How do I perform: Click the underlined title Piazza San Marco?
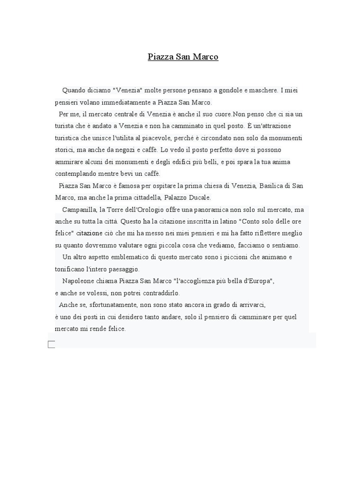[183, 57]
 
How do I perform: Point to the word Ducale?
[200, 198]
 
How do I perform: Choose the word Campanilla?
[80, 210]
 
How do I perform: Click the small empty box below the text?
[51, 344]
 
